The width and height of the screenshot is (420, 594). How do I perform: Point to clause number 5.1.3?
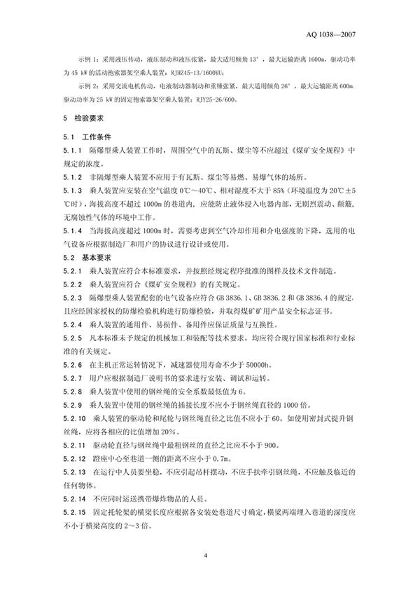71,191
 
